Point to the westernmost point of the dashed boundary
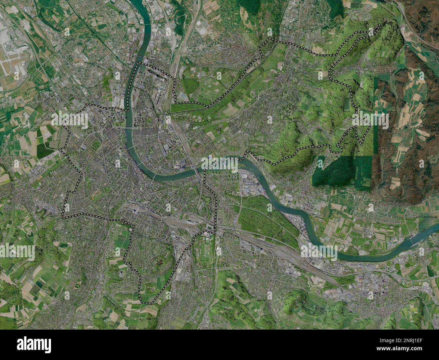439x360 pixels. click(60, 149)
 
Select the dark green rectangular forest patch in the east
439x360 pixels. click(341, 172)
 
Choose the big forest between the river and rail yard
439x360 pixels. click(267, 216)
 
